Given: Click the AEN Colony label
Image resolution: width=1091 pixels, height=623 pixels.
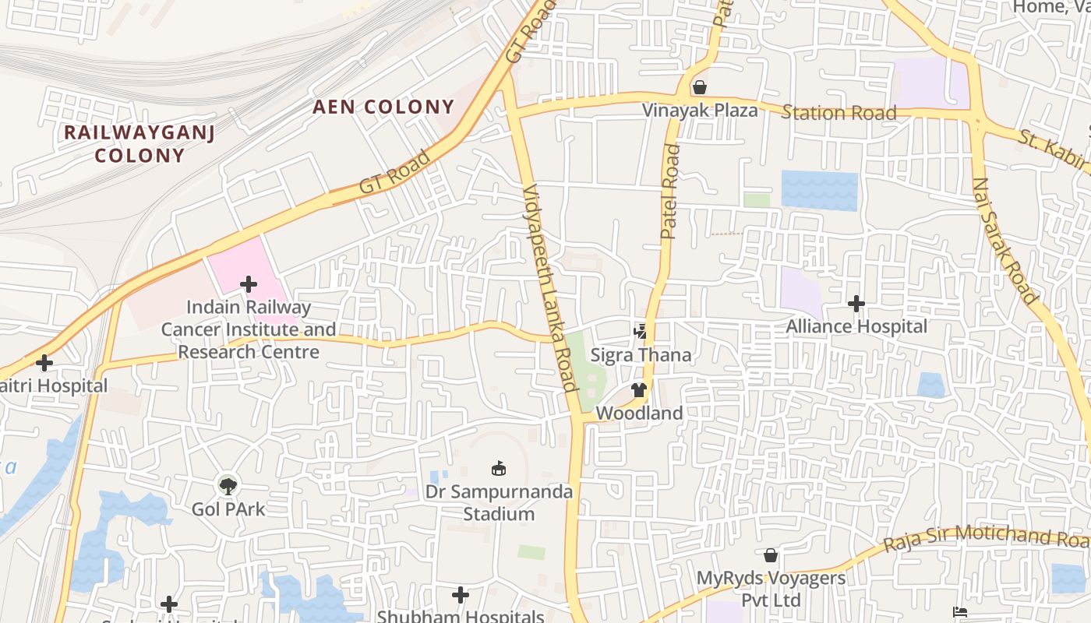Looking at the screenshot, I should [x=383, y=107].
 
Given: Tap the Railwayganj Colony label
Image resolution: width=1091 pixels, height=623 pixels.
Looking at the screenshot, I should [x=139, y=143].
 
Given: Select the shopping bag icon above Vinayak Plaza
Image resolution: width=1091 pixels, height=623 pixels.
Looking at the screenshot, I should [x=700, y=86].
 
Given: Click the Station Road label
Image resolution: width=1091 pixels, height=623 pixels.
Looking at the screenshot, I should [x=839, y=113].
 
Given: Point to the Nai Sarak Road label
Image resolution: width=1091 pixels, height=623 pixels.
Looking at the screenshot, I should [x=1005, y=241].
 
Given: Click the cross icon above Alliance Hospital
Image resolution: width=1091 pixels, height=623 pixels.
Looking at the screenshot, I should [x=856, y=303].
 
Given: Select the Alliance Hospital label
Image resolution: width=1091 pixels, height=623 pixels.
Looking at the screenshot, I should [x=856, y=326].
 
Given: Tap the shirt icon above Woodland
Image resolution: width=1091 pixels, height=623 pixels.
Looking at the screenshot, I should [x=639, y=389].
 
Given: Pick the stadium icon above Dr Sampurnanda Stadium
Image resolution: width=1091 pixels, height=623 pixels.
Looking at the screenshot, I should [x=498, y=468].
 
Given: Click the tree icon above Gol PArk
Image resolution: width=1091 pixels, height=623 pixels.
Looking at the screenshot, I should [x=228, y=486].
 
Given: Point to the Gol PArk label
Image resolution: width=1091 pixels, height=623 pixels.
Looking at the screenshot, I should [x=228, y=509].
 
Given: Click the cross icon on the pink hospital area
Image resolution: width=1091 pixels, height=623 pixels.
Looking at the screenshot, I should [x=249, y=284].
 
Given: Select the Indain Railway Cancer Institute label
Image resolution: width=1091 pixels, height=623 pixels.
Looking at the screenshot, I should [x=248, y=329].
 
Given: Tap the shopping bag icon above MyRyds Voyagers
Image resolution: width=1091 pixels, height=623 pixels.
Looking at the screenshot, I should [x=771, y=555].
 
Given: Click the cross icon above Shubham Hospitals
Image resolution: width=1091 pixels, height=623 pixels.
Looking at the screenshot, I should [x=461, y=596].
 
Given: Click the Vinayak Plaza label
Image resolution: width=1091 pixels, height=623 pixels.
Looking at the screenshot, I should [x=700, y=110].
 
